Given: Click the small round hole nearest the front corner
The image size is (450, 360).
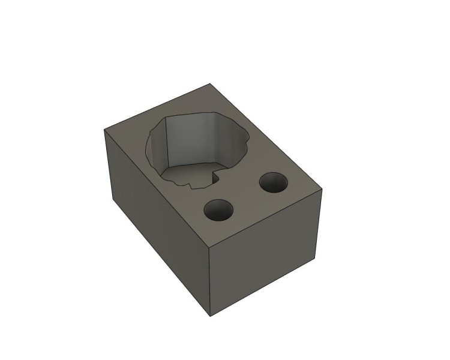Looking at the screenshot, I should pyautogui.click(x=218, y=211).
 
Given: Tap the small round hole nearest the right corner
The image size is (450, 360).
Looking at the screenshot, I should pyautogui.click(x=272, y=182).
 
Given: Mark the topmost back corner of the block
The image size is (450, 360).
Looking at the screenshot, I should pyautogui.click(x=209, y=83).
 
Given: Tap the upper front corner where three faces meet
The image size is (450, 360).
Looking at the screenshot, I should pyautogui.click(x=209, y=247).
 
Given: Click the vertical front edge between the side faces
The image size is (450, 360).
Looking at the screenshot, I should pyautogui.click(x=209, y=282).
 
